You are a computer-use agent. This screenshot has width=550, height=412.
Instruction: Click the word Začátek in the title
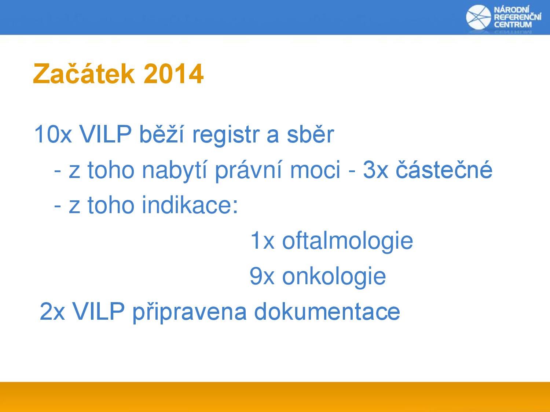[x=84, y=73]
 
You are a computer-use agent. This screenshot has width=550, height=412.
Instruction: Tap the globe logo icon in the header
[x=478, y=17]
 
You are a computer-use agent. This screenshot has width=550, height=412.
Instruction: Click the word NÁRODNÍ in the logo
[x=511, y=10]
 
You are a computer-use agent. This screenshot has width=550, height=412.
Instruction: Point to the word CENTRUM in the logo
[x=513, y=25]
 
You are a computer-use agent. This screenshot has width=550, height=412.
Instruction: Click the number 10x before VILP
[x=53, y=134]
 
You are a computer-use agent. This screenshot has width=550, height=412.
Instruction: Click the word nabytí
[x=175, y=170]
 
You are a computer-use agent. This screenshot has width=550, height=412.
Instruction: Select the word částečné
[x=444, y=169]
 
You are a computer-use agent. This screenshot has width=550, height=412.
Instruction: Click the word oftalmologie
[x=348, y=241]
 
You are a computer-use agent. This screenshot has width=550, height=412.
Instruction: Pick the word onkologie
[x=334, y=276]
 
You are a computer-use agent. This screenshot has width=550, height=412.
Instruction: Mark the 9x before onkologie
[x=262, y=276]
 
